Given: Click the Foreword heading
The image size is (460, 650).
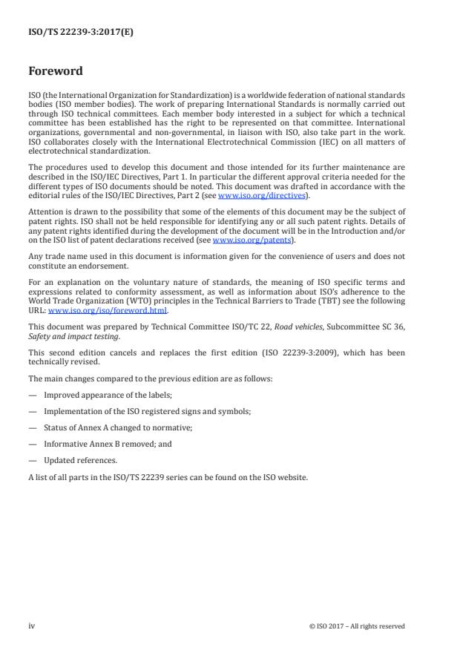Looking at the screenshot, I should (56, 72).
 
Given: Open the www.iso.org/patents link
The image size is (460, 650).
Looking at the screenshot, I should (243, 240).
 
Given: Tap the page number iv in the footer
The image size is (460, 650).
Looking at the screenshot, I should (32, 626).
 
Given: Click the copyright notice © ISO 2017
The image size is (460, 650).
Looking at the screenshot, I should (357, 626).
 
